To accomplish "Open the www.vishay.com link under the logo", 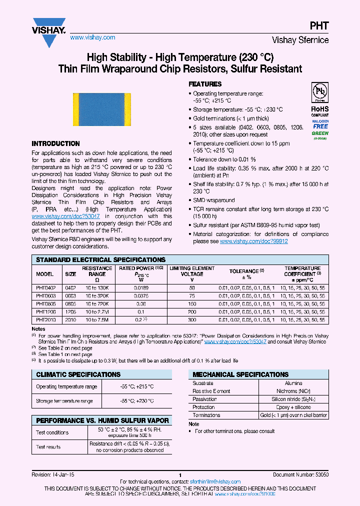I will (92, 37).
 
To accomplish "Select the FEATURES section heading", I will (205, 84).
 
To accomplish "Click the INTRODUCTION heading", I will (55, 143).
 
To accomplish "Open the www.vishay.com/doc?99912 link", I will (253, 241).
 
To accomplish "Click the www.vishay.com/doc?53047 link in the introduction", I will (55, 216).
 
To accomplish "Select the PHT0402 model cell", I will (45, 288).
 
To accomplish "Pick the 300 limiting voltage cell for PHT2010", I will (192, 319).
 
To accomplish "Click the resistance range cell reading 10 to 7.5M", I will (97, 319).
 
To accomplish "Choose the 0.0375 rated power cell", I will (142, 296).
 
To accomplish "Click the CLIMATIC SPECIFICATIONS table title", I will (78, 374).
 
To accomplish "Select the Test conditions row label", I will (52, 432).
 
